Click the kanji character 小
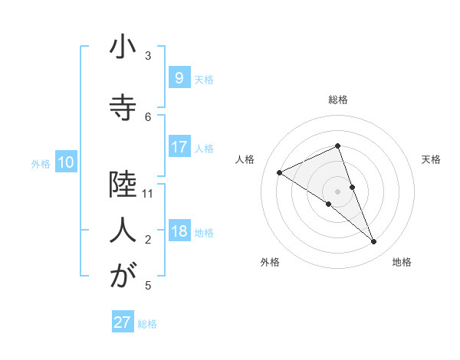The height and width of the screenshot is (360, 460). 123,49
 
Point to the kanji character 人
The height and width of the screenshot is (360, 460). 123,229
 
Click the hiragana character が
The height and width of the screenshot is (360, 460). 123,275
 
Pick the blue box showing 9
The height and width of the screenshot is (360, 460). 179,77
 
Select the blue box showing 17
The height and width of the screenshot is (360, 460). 179,147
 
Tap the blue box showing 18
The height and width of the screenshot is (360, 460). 179,231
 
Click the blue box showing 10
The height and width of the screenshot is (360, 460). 65,162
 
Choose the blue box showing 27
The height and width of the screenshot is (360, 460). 122,322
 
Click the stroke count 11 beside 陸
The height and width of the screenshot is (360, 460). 148,194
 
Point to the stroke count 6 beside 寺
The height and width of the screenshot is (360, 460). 148,116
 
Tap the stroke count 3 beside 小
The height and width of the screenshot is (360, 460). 148,56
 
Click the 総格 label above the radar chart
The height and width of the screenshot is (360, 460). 337,100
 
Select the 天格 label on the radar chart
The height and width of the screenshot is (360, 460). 431,159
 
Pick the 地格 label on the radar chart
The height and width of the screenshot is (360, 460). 402,262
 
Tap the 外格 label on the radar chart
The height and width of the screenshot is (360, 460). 270,262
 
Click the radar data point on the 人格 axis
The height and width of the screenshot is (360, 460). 279,172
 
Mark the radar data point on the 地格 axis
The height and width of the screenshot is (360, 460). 374,242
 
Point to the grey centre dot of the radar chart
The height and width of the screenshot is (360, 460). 337,191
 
